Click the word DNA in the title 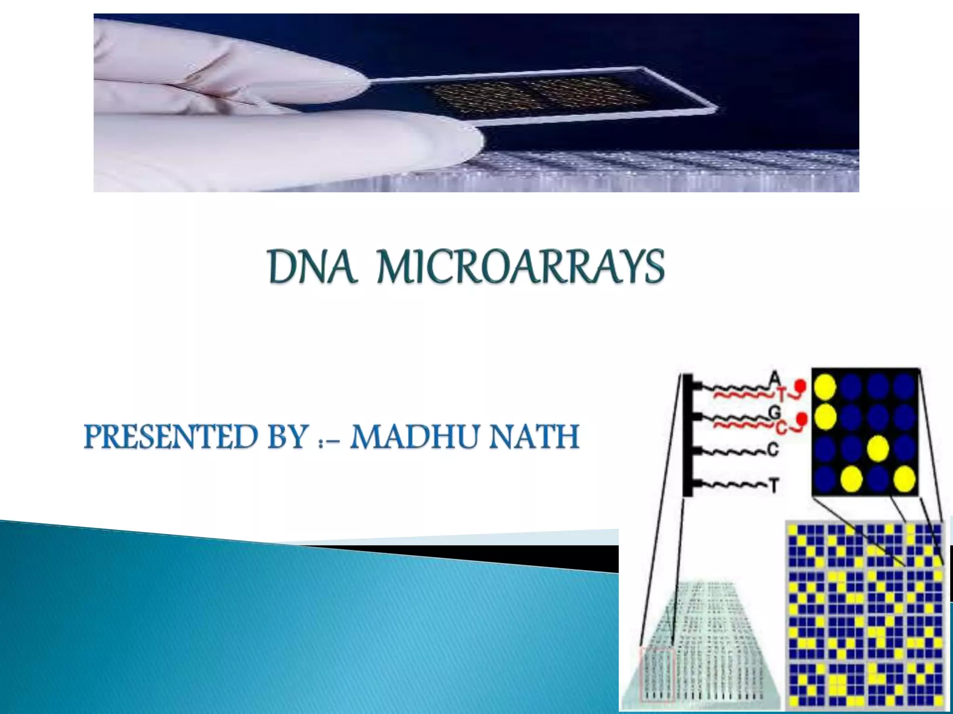313,267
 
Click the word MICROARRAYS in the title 520,267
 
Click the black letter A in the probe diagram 774,378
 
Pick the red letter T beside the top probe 781,395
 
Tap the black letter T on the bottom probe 773,486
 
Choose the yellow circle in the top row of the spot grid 825,387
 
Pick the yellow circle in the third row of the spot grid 878,448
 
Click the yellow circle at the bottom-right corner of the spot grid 904,479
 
